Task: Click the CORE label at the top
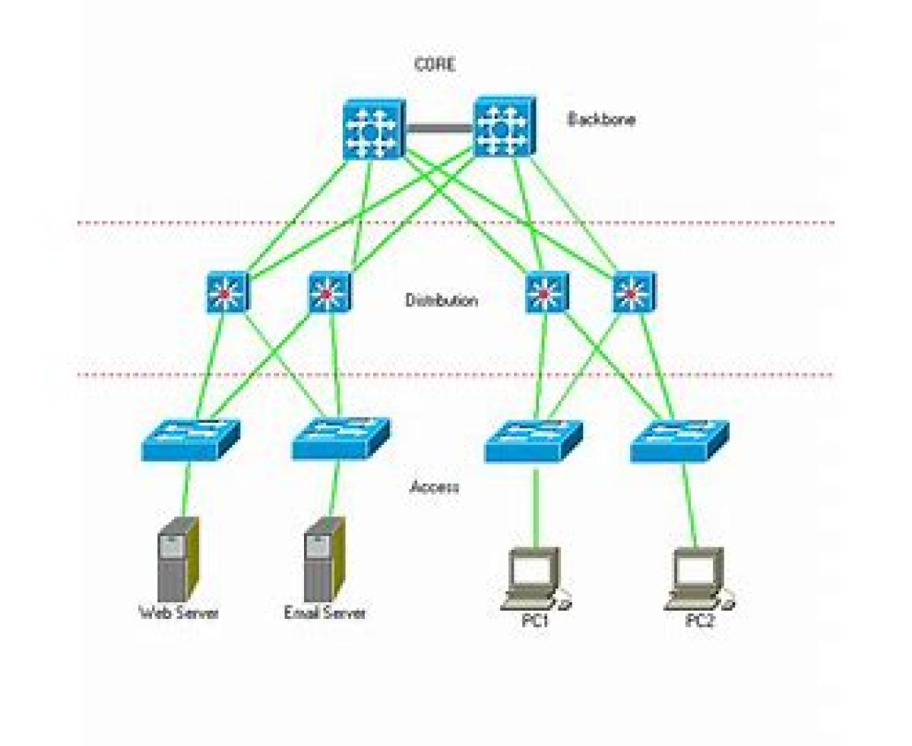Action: pyautogui.click(x=435, y=65)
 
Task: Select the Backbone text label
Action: pyautogui.click(x=602, y=119)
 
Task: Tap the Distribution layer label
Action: pyautogui.click(x=442, y=300)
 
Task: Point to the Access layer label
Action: pyautogui.click(x=435, y=487)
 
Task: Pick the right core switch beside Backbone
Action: pyautogui.click(x=505, y=127)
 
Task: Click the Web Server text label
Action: pyautogui.click(x=179, y=612)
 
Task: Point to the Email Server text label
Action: pyautogui.click(x=325, y=612)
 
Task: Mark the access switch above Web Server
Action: pyautogui.click(x=190, y=440)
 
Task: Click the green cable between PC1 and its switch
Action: pyautogui.click(x=535, y=506)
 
